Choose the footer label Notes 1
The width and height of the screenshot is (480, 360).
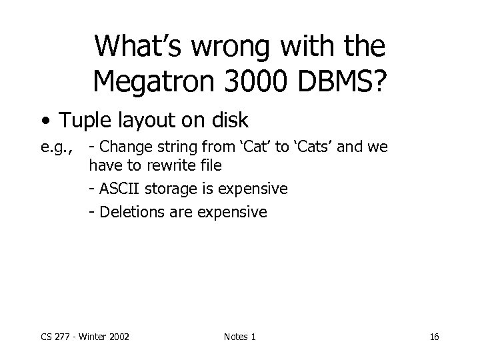[240, 337]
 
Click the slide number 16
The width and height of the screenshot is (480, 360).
[434, 337]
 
